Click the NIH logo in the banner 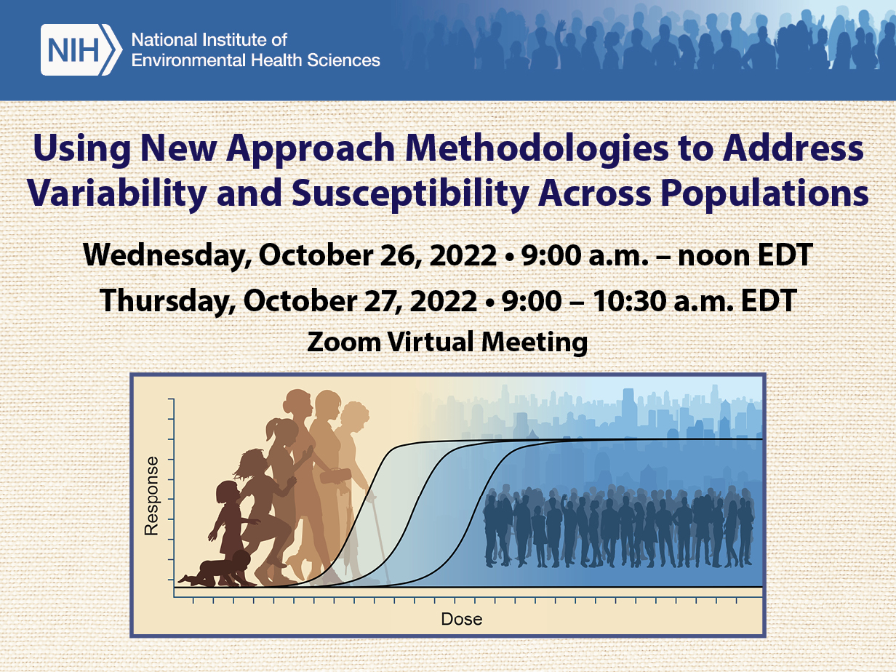pos(81,49)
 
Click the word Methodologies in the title pos(537,148)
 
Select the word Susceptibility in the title pos(411,193)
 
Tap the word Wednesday pos(167,256)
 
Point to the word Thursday pos(168,301)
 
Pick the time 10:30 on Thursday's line pos(630,301)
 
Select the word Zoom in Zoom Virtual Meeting pos(344,342)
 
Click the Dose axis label pos(462,620)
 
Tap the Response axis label pos(151,496)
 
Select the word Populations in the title pos(764,193)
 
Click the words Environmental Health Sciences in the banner pos(255,60)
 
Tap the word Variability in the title pos(117,193)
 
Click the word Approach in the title pos(311,148)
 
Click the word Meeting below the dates pos(535,342)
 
